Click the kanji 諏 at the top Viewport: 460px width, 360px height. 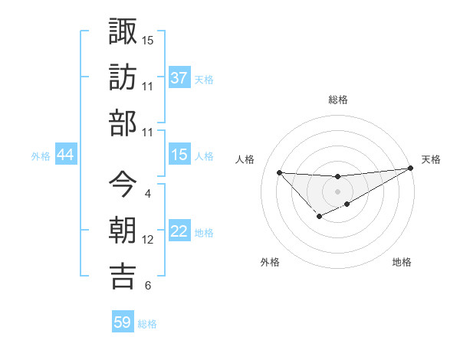123,32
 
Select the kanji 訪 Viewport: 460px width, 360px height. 123,78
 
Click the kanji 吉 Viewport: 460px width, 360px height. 123,276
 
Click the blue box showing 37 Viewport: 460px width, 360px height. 179,78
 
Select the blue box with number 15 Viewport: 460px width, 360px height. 179,155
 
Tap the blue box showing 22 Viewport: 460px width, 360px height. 179,232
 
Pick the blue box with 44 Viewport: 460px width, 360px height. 66,155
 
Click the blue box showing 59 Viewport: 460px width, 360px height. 123,322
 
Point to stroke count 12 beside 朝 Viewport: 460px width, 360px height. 148,240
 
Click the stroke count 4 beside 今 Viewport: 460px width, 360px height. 147,194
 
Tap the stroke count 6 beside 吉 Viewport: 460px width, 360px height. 147,286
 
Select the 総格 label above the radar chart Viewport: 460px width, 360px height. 337,100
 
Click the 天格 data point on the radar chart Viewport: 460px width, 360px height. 410,169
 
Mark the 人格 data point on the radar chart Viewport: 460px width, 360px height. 279,172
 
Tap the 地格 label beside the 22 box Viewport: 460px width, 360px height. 204,233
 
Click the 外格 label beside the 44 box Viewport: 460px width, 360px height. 41,156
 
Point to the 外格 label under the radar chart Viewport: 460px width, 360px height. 270,262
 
